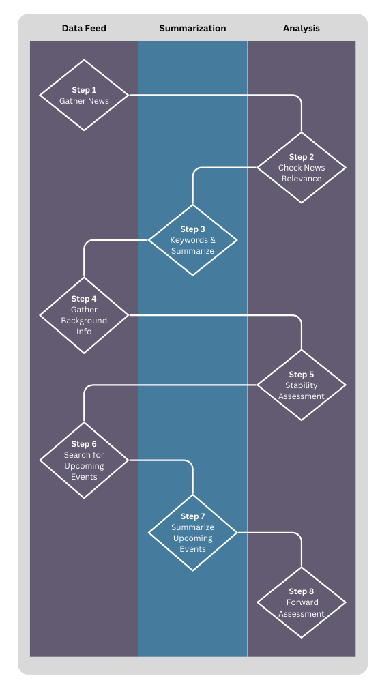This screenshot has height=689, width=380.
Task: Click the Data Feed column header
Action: (x=84, y=29)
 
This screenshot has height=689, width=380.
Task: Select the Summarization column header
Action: (x=192, y=29)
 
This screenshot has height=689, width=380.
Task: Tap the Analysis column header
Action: (x=302, y=29)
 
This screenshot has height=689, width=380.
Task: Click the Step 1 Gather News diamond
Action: (x=84, y=95)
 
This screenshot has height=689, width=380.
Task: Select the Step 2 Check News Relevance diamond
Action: (x=302, y=167)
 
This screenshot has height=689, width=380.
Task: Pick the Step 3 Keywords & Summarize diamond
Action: (x=193, y=240)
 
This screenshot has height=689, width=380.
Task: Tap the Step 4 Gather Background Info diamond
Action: (x=84, y=315)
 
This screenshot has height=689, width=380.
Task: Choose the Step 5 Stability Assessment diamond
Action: (x=302, y=385)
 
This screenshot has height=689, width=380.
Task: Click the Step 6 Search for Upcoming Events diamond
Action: (x=84, y=460)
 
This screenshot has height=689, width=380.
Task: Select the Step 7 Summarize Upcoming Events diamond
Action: (x=193, y=533)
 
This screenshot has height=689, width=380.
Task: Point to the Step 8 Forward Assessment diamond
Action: (x=302, y=602)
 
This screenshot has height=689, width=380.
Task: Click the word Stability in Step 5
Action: (x=302, y=385)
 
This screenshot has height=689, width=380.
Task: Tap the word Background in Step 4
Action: (x=84, y=321)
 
